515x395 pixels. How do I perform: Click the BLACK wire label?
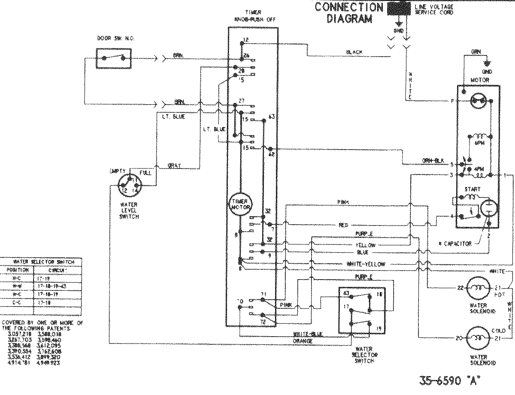coord(354,52)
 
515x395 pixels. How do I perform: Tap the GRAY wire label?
coord(175,166)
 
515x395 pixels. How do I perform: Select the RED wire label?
coord(343,224)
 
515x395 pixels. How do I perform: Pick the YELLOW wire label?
coord(365,245)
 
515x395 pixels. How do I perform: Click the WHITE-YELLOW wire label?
coord(365,265)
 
